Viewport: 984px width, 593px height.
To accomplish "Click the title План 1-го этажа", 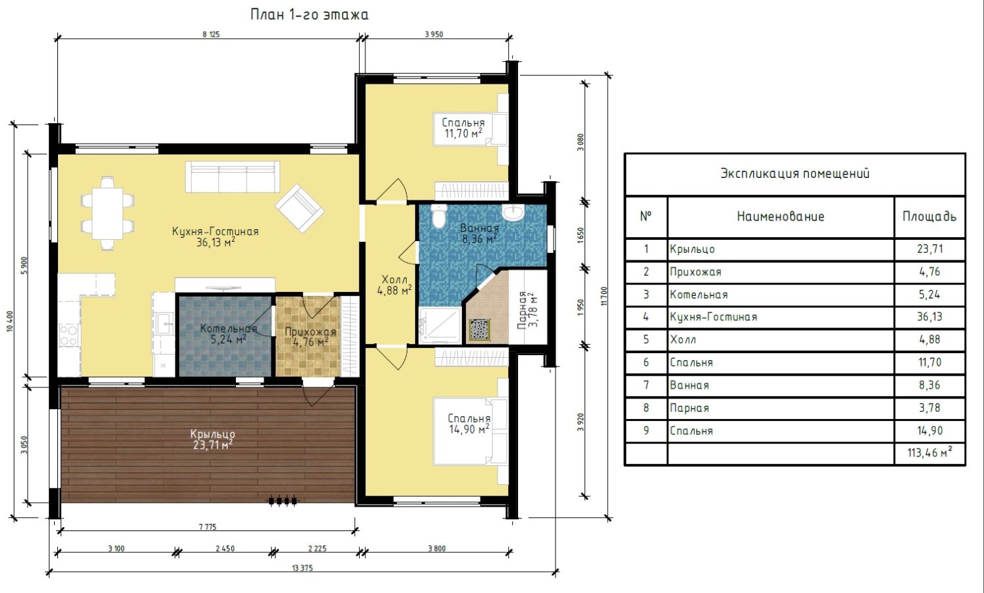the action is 309,15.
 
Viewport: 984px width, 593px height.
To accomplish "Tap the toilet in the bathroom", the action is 438,215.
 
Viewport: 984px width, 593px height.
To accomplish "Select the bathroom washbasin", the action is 513,212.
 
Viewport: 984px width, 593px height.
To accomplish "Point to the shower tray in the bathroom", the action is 440,325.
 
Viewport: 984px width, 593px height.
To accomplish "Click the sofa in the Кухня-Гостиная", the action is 233,177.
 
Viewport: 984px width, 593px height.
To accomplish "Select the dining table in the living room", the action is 107,213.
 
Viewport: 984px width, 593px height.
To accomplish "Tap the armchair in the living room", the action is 300,208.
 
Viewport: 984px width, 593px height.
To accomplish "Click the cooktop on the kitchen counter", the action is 69,335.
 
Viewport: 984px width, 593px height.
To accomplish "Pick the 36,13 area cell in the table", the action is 929,317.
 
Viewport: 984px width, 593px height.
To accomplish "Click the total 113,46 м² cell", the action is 929,453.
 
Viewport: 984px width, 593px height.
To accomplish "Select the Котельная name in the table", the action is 699,295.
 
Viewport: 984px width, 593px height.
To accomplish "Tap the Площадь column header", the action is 929,217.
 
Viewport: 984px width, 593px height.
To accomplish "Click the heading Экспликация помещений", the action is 795,173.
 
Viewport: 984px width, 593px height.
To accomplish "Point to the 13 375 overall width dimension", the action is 303,568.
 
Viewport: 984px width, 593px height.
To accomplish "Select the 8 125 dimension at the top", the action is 211,34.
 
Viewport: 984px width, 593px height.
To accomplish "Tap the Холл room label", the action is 394,279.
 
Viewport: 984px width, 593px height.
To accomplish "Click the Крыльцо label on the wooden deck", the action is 213,434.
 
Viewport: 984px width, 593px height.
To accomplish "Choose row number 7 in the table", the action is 646,385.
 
